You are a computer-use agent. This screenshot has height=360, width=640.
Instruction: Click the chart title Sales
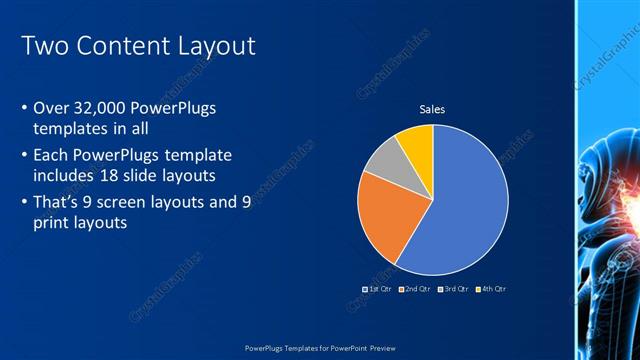point(432,110)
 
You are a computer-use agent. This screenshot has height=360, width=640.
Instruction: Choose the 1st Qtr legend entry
point(376,289)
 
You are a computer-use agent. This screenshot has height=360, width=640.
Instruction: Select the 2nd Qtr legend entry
point(416,289)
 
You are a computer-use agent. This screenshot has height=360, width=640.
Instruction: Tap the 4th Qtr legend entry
point(491,289)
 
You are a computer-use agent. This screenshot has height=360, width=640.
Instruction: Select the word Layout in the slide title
point(219,46)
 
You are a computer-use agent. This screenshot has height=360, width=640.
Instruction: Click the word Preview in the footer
point(376,347)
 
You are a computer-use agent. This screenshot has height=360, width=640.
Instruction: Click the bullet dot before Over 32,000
point(24,108)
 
